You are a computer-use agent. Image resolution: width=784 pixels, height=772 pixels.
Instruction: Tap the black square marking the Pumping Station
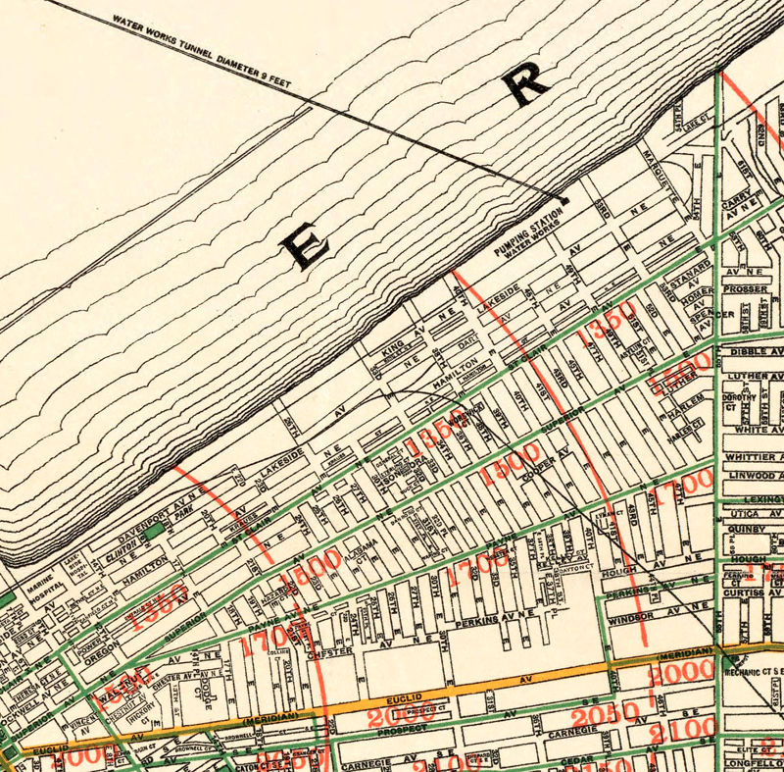coord(563,200)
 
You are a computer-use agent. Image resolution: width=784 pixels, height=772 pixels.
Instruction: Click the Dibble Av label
coord(754,349)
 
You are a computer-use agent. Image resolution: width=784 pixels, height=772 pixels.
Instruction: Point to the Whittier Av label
coord(754,457)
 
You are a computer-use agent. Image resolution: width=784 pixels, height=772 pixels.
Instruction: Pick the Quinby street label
coord(747,529)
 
